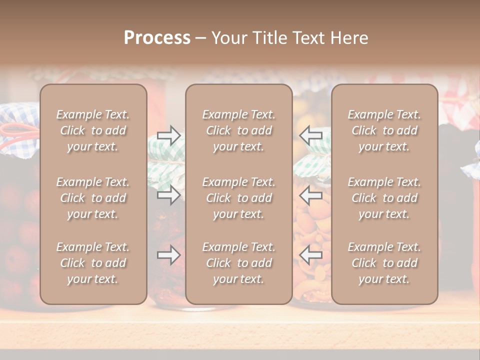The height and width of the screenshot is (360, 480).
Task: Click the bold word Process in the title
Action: coord(157,38)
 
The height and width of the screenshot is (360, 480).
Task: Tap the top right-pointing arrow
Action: coord(169,135)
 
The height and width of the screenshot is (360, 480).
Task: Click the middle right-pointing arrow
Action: coord(169,195)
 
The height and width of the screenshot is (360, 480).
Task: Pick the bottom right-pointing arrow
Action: coord(169,255)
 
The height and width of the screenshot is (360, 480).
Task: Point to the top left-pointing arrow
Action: coord(310,135)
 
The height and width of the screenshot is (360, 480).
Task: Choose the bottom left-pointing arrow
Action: coord(310,255)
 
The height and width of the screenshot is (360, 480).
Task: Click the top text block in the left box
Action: coord(93,130)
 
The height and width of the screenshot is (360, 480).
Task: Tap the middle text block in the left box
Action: coord(93,198)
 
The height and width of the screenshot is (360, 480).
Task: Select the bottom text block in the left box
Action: coord(93,263)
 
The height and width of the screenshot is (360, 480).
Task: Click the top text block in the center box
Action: coord(239,130)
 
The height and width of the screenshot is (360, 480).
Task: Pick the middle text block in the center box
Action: coord(239,198)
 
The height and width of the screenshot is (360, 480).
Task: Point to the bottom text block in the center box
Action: coord(239,263)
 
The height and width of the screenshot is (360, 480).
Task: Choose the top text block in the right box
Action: coord(384,130)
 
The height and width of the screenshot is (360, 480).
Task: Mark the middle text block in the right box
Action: coord(384,198)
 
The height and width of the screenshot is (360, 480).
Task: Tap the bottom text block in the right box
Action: coord(384,263)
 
